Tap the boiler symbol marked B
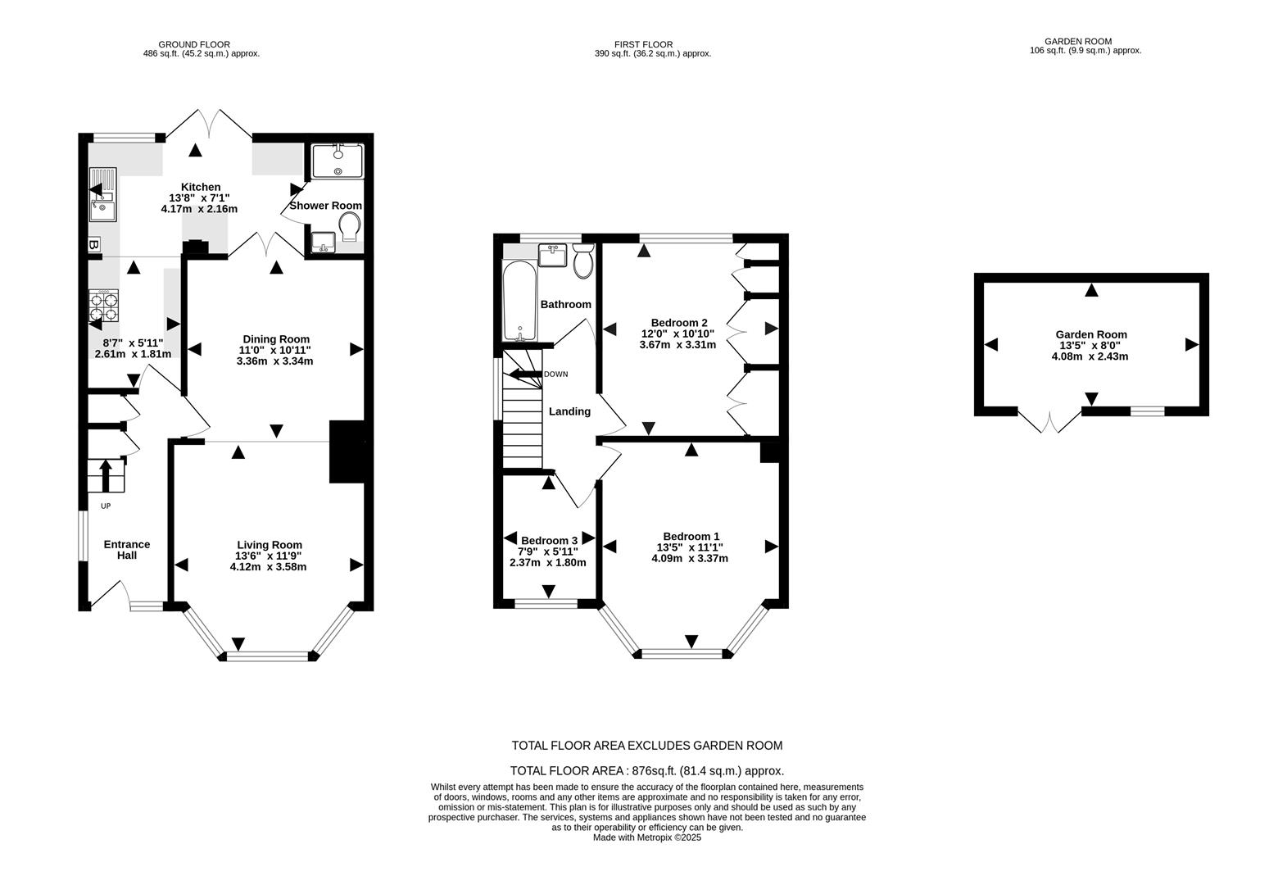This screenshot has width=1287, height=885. pos(93,244)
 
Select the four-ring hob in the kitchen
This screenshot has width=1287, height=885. pos(104,305)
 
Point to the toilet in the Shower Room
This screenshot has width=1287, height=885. pos(350,227)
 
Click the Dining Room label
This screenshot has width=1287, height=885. pos(276,338)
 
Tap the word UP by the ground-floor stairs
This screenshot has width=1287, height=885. pos(105,506)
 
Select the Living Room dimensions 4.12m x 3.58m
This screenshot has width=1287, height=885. pos(269,566)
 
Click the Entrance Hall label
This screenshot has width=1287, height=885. pos(126,549)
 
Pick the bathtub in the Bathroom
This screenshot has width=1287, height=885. pos(519,302)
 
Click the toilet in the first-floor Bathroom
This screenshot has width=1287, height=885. pos(583,261)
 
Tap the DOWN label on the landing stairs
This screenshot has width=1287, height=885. pos(555,374)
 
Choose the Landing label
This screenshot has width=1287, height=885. pos(569,411)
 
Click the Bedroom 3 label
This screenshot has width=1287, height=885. pos(549,540)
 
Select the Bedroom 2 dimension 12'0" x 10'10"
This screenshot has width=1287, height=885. pos(677,334)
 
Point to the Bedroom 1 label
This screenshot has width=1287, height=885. pos(691,536)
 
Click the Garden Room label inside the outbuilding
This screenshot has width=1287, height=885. pos(1090,334)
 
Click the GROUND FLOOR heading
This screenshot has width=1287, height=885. pos(194,44)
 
